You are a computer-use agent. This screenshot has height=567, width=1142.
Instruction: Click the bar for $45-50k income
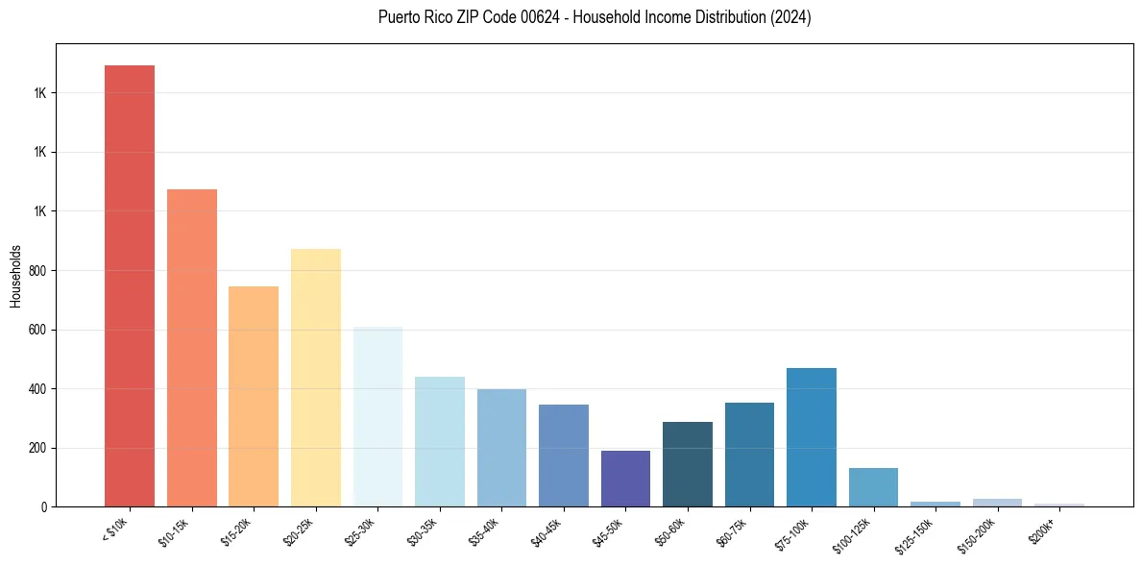[x=625, y=479]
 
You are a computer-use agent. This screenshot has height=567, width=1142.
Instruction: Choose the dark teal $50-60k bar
[x=688, y=464]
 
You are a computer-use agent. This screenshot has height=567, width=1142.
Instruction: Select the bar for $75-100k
[x=812, y=437]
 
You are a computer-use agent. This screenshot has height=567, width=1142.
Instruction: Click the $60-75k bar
[x=749, y=455]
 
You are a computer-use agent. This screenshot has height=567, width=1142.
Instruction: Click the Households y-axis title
[x=16, y=276]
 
